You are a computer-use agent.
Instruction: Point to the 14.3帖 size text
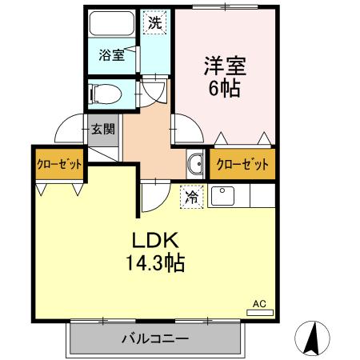pyautogui.click(x=155, y=262)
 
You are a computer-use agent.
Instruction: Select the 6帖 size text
pyautogui.click(x=224, y=89)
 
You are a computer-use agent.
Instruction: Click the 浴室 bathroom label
pyautogui.click(x=110, y=55)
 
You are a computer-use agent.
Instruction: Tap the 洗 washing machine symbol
pyautogui.click(x=154, y=22)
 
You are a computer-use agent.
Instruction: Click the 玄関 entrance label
pyautogui.click(x=102, y=129)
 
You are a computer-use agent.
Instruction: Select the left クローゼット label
pyautogui.click(x=58, y=165)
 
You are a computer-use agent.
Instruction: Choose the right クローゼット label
pyautogui.click(x=241, y=166)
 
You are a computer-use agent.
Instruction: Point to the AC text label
pyautogui.click(x=259, y=304)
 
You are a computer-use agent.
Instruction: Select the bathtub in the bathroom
pyautogui.click(x=111, y=23)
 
